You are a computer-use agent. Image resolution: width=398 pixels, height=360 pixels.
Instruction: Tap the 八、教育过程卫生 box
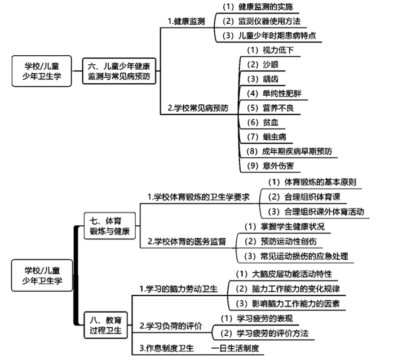pyautogui.click(x=106, y=325)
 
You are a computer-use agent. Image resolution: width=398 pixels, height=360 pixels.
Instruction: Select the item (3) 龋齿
pyautogui.click(x=261, y=78)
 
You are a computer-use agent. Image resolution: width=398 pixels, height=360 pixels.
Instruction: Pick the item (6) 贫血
pyautogui.click(x=261, y=122)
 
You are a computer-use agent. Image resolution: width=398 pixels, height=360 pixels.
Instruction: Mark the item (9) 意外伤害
pyautogui.click(x=270, y=166)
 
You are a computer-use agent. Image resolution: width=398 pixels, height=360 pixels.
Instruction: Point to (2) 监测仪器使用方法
pyautogui.click(x=261, y=21)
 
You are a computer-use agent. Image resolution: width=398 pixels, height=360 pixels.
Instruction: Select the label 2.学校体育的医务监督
pyautogui.click(x=186, y=241)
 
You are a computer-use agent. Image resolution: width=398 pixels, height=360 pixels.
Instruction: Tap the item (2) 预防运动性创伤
pyautogui.click(x=284, y=241)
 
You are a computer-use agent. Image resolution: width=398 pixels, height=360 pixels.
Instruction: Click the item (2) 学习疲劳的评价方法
pyautogui.click(x=264, y=334)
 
